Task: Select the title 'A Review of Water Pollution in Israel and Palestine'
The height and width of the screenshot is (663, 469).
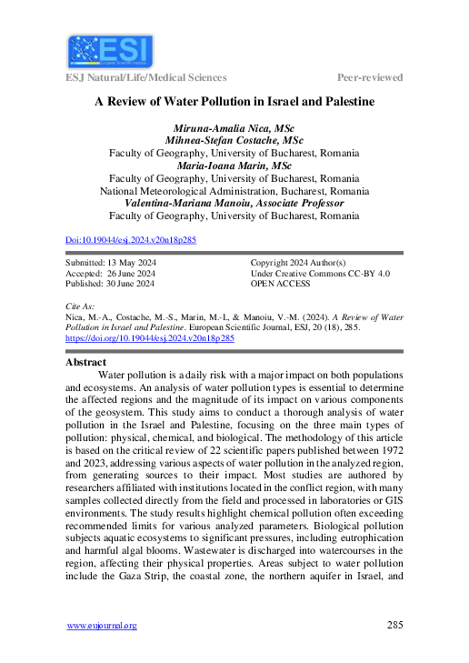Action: pos(234,103)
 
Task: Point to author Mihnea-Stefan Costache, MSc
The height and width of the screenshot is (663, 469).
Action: pos(234,141)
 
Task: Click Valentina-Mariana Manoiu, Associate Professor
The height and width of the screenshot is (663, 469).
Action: pos(234,204)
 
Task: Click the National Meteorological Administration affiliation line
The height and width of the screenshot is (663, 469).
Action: pos(234,191)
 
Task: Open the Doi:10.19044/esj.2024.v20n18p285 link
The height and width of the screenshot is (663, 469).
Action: pos(131,240)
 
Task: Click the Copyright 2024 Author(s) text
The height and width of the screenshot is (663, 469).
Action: pos(304,262)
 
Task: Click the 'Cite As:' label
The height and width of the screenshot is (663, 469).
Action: pos(81,306)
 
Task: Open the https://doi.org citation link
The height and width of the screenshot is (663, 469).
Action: pos(150,337)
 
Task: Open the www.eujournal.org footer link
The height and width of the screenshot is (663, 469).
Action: pos(102,626)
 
